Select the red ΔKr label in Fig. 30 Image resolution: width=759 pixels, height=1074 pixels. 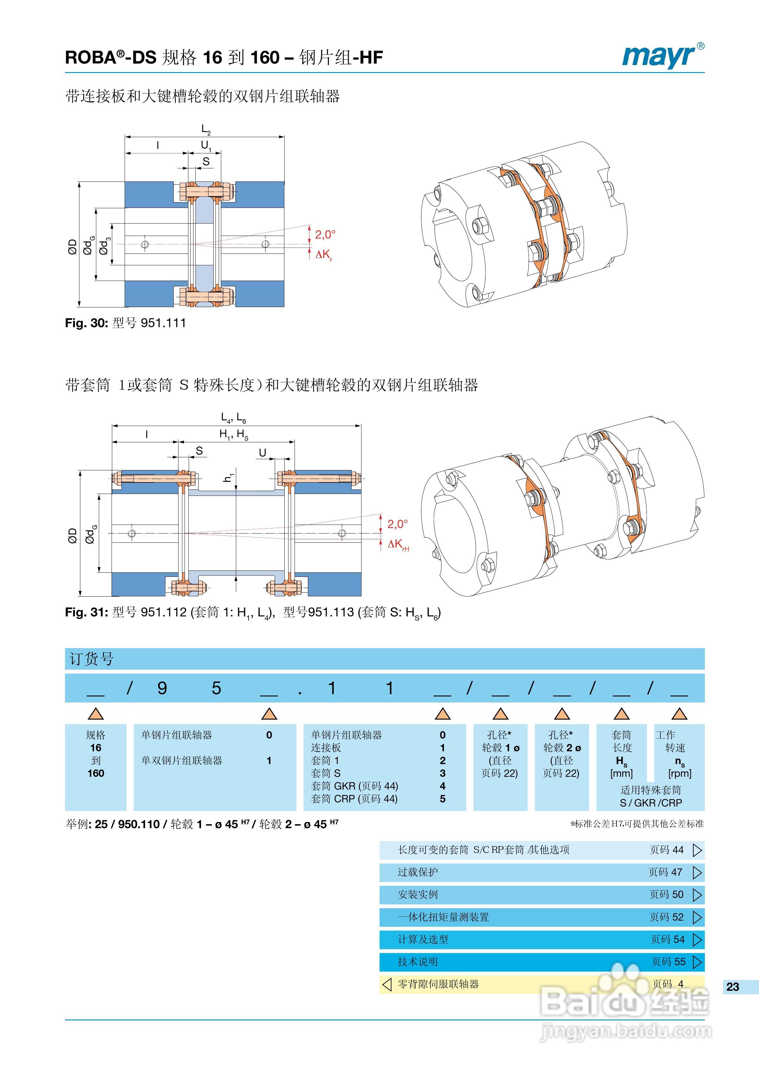coord(324,254)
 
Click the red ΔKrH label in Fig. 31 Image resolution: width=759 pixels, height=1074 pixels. coord(398,544)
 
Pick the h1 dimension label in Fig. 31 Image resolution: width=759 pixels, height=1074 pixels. coord(228,478)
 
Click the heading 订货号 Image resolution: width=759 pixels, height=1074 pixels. coord(92,659)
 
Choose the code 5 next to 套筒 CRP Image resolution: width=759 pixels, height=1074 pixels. coord(442,799)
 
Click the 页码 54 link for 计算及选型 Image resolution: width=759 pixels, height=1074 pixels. coord(667,939)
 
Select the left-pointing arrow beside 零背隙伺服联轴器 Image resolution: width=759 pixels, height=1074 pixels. coord(387,984)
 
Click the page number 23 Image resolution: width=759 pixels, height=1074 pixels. coord(732,987)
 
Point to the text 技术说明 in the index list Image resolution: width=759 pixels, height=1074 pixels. coord(418,962)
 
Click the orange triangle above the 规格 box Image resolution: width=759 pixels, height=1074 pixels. coord(96,714)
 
